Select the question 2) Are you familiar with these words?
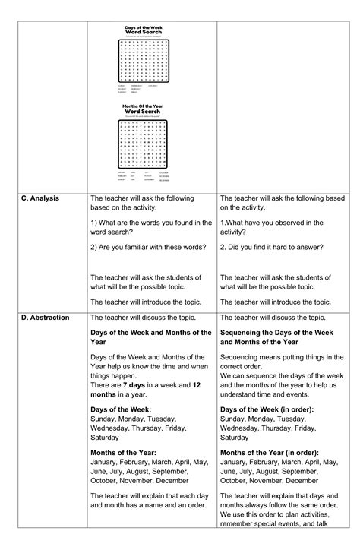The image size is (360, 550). tap(148, 247)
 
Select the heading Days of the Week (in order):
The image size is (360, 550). tap(268, 409)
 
